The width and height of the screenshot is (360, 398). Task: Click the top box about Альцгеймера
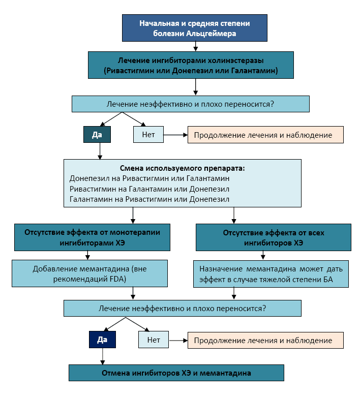pyautogui.click(x=195, y=28)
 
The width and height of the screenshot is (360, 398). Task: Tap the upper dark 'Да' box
pyautogui.click(x=97, y=134)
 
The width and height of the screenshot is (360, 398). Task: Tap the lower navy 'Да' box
pyautogui.click(x=102, y=340)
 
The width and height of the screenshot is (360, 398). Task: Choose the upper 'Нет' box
pyautogui.click(x=148, y=134)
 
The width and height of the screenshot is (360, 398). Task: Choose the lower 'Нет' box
pyautogui.click(x=154, y=340)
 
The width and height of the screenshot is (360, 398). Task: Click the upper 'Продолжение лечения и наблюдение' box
pyautogui.click(x=266, y=135)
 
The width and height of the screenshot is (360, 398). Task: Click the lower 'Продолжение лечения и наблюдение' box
pyautogui.click(x=266, y=340)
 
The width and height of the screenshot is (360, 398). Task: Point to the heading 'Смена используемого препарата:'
pyautogui.click(x=182, y=168)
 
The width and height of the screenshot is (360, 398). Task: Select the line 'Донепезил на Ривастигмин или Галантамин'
pyautogui.click(x=149, y=178)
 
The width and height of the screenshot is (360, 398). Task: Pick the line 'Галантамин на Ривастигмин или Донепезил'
pyautogui.click(x=149, y=199)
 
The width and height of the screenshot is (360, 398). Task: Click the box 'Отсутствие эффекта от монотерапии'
pyautogui.click(x=92, y=237)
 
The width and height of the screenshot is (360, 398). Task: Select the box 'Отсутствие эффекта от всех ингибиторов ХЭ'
pyautogui.click(x=273, y=237)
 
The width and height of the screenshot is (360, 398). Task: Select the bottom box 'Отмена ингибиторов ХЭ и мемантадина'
pyautogui.click(x=176, y=373)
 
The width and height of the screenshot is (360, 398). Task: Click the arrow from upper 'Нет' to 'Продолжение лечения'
pyautogui.click(x=175, y=135)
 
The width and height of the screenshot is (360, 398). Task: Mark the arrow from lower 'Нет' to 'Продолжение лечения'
pyautogui.click(x=178, y=340)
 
